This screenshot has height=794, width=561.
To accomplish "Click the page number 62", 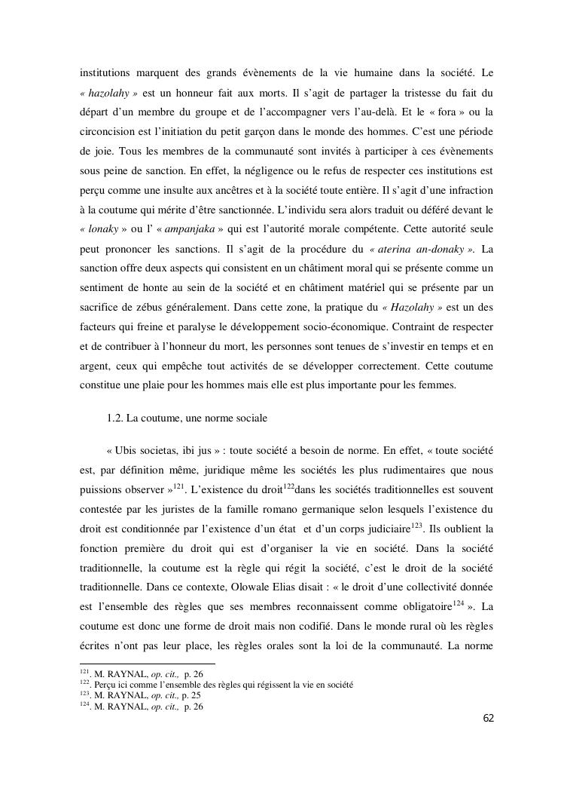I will coord(488,717).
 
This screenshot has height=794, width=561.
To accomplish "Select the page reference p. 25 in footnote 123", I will coord(191,695).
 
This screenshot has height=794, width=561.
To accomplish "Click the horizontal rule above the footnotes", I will coord(147,664).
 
